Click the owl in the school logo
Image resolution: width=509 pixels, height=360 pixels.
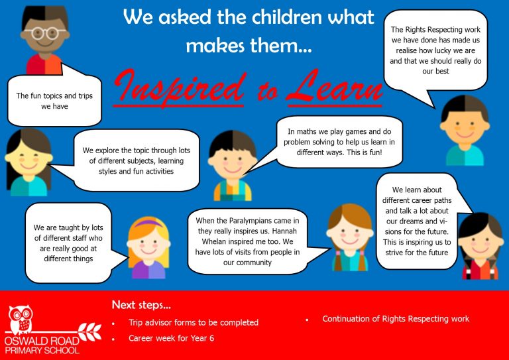(21, 320)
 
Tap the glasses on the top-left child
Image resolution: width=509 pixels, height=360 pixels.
(44, 32)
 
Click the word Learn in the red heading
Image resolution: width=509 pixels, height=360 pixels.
(334, 87)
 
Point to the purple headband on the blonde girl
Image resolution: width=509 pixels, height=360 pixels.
(148, 223)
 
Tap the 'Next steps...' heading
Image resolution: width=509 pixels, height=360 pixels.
(141, 305)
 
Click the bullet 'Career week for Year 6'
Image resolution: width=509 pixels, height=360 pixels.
(171, 338)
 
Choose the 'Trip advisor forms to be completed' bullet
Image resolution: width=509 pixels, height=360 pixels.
(194, 323)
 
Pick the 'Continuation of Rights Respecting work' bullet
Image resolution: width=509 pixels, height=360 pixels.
(396, 319)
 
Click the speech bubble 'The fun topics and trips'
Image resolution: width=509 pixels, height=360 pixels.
(54, 101)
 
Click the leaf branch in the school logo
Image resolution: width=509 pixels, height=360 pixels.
(90, 331)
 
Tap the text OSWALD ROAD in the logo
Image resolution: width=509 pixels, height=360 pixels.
(42, 341)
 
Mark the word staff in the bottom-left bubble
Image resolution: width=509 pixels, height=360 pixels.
(79, 238)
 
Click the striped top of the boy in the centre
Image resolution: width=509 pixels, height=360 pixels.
(233, 190)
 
